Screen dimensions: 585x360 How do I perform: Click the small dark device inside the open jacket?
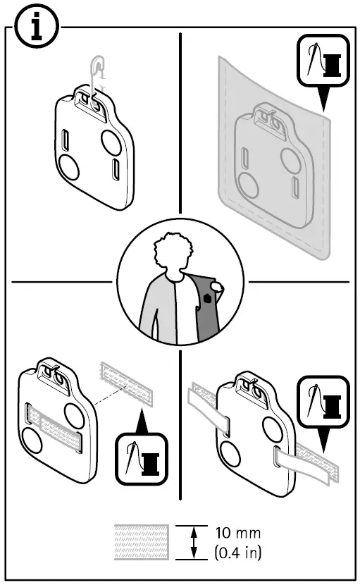pos(207,299)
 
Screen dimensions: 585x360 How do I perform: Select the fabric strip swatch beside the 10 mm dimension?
pos(141,541)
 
